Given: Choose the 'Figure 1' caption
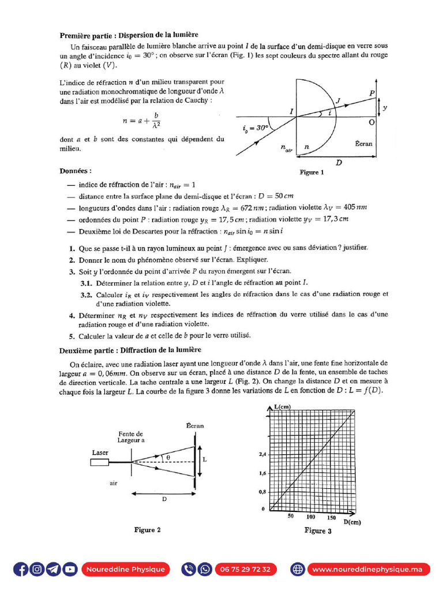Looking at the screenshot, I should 311,172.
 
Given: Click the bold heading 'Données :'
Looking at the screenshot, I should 75,171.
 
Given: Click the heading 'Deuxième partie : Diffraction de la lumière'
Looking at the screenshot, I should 130,350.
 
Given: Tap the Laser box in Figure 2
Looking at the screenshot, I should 100,462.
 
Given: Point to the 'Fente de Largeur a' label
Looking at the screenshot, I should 130,437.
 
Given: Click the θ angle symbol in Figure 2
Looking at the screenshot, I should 168,457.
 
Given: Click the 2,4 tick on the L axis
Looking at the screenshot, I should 262,454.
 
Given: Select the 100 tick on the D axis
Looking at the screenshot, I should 310,517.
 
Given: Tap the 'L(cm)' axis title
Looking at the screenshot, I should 283,407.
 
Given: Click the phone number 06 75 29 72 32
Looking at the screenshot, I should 245,569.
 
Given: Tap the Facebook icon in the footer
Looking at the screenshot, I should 21,569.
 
